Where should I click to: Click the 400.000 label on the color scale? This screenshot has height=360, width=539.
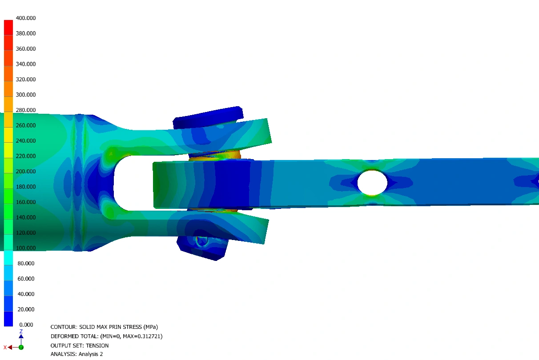pos(26,18)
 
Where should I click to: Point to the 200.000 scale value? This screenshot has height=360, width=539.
pos(26,172)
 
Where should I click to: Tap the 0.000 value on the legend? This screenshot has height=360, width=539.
pos(26,324)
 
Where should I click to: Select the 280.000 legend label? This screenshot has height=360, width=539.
pos(26,110)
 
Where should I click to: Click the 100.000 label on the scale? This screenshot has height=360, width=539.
pos(26,248)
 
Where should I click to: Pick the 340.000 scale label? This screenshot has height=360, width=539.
pos(26,64)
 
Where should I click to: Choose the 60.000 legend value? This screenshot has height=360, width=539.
pos(26,279)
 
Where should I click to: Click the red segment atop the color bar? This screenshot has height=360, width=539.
pos(8,28)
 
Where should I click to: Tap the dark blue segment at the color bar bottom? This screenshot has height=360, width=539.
pos(8,319)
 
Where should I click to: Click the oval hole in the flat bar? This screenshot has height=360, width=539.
pos(372,183)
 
